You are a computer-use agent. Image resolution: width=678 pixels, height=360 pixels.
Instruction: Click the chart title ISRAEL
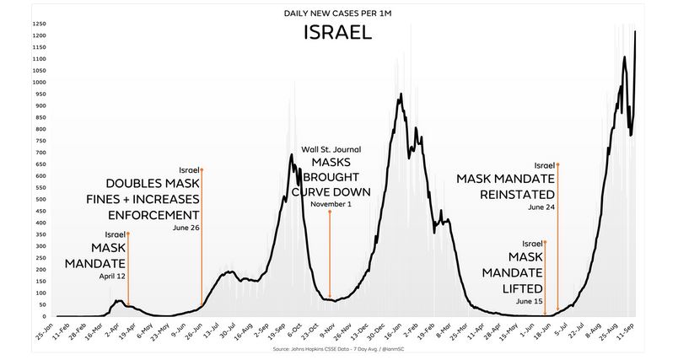tap(338, 33)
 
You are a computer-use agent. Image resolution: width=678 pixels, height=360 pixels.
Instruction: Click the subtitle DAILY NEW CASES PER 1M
tap(338, 12)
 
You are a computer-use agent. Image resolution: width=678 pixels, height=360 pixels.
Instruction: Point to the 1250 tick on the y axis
tap(39, 24)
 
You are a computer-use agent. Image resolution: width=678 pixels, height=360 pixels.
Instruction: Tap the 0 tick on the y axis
tap(44, 316)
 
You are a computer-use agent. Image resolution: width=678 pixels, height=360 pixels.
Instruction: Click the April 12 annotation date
tap(111, 277)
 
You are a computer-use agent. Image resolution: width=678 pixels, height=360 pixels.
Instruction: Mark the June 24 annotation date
tap(541, 207)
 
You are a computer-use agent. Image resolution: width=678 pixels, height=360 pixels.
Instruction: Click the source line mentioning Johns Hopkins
tap(337, 346)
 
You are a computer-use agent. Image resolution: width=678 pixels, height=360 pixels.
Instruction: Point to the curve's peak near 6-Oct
tap(292, 155)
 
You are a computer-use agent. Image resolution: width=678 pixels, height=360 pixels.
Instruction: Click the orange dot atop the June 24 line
tap(558, 164)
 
